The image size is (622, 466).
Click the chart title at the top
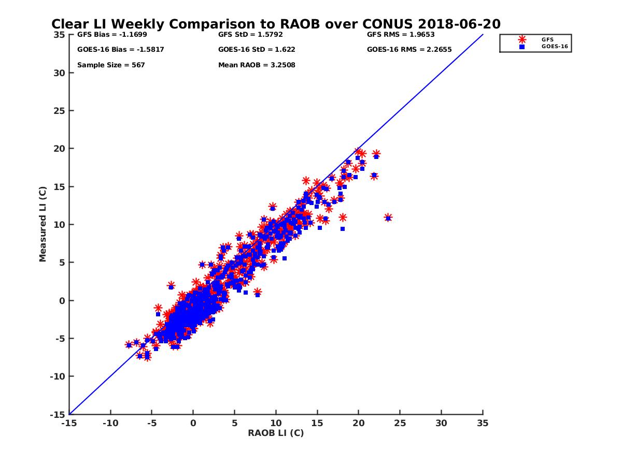276,24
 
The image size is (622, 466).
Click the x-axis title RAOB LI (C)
276,433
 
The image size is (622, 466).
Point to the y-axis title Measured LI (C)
43,224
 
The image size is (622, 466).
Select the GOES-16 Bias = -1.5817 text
114,50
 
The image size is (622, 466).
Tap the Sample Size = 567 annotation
111,65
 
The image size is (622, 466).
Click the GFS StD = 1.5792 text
251,35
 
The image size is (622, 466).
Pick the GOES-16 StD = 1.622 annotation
257,50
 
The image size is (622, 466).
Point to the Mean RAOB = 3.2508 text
257,65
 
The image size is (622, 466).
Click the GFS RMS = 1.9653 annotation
401,35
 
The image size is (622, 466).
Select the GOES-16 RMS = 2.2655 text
409,50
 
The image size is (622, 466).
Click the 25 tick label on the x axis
400,423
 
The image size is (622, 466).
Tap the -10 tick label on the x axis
110,423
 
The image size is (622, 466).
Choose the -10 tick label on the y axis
58,376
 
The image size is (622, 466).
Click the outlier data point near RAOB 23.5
388,218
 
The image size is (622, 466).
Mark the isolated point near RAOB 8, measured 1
257,293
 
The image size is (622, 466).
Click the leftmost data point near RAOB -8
129,345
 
